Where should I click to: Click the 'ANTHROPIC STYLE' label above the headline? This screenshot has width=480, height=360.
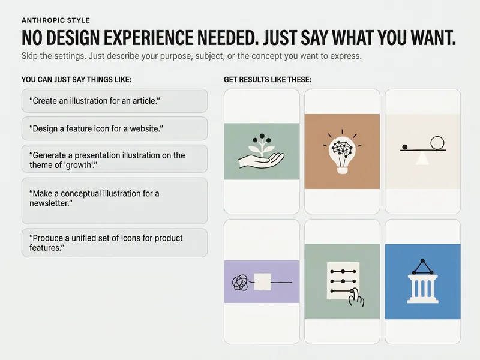[56, 20]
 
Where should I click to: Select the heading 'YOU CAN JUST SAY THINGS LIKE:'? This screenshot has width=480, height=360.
[77, 80]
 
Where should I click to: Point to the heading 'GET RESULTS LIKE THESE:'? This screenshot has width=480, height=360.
[268, 80]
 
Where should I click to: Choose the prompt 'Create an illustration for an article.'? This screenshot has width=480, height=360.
[95, 101]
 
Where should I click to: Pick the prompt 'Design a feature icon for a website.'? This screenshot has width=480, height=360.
[96, 128]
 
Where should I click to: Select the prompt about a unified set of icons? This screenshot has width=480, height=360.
[106, 243]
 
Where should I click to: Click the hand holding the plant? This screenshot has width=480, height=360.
[262, 160]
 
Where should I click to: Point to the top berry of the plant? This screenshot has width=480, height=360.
[262, 136]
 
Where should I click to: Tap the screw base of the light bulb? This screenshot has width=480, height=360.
[342, 170]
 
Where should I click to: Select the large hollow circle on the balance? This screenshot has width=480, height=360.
[437, 143]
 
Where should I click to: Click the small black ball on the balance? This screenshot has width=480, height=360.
[404, 147]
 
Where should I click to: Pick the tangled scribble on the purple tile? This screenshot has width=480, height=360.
[241, 283]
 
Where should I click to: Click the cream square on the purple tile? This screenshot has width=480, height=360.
[263, 281]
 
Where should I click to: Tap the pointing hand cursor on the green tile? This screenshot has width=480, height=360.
[356, 297]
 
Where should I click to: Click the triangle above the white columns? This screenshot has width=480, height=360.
[423, 267]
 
